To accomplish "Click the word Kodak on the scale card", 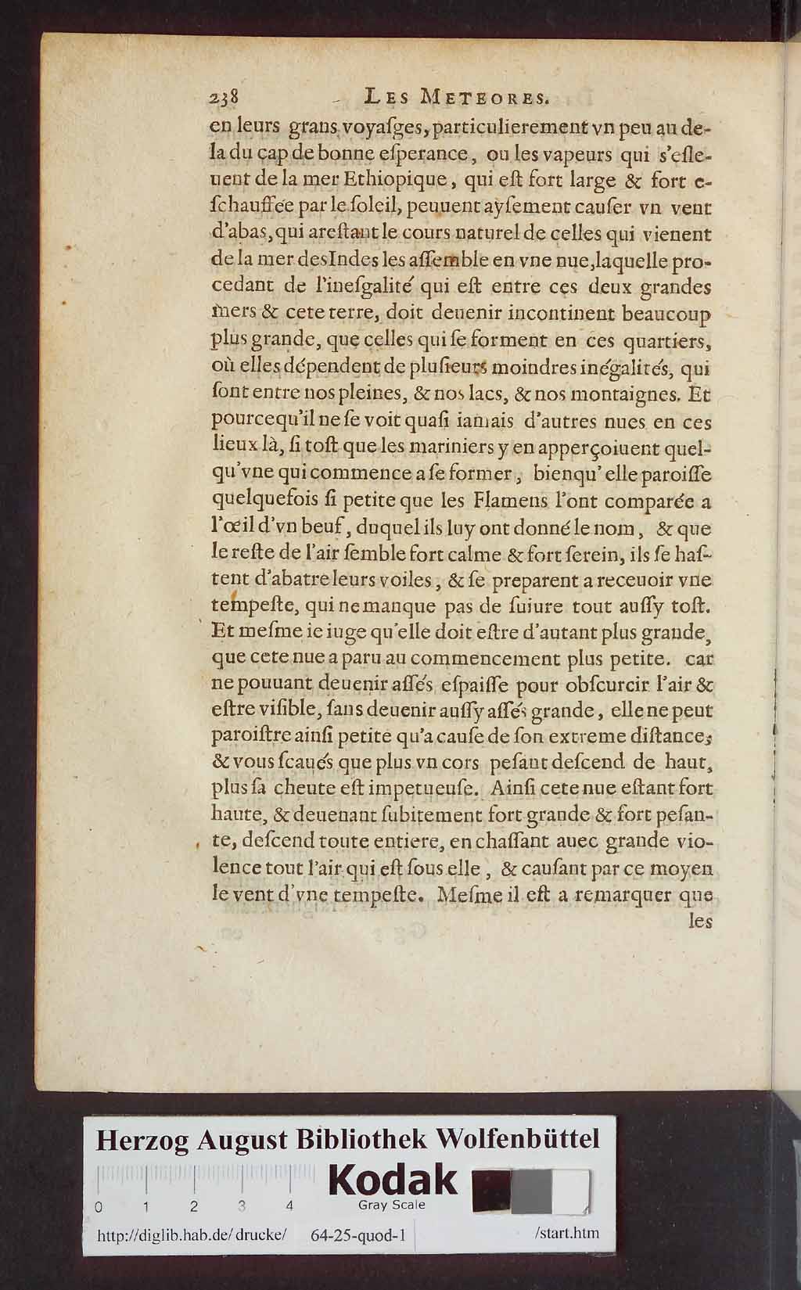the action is click(x=393, y=1180).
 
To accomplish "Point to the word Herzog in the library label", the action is click(x=142, y=1140).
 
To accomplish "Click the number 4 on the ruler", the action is click(x=290, y=1206).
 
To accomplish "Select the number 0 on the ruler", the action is click(x=99, y=1206).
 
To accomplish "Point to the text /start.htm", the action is click(x=567, y=1233).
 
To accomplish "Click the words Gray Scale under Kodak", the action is click(x=391, y=1205).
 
